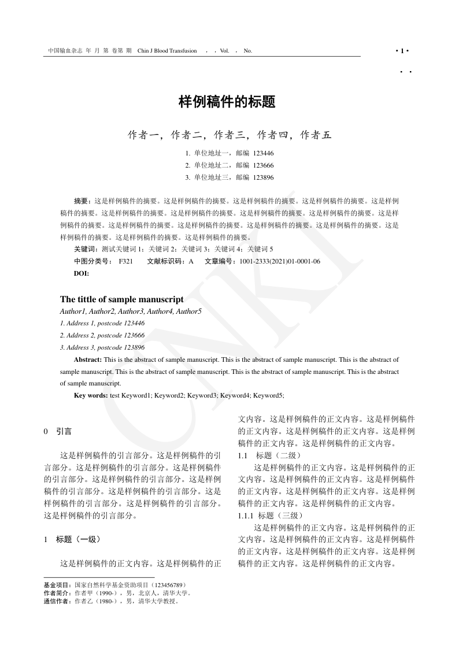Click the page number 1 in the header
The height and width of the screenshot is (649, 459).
(402, 51)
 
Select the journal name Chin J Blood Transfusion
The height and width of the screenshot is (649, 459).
(167, 51)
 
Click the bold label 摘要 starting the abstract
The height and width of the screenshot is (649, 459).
(82, 201)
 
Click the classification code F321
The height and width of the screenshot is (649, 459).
(125, 261)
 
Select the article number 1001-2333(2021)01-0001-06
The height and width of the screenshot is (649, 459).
(280, 261)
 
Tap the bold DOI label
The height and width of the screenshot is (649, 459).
(82, 273)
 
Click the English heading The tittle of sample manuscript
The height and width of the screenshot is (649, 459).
(122, 299)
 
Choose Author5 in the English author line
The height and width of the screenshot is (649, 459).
(188, 311)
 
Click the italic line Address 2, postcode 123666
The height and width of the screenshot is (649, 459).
(102, 335)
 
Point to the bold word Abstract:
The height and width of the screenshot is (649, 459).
(88, 359)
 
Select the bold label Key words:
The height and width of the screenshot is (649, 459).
(91, 395)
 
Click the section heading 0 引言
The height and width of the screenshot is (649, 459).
(58, 431)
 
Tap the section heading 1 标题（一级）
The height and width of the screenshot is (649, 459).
(73, 539)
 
